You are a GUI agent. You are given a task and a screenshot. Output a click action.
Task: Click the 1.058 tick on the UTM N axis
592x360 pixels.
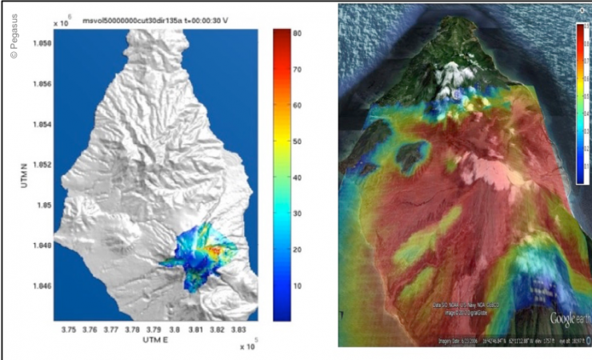(39, 43)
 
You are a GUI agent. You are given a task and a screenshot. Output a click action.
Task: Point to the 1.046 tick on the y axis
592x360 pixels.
(39, 286)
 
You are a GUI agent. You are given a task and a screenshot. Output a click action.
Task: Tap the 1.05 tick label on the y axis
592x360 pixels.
(42, 205)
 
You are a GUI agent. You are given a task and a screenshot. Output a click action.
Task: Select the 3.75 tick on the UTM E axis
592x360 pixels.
(70, 328)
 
